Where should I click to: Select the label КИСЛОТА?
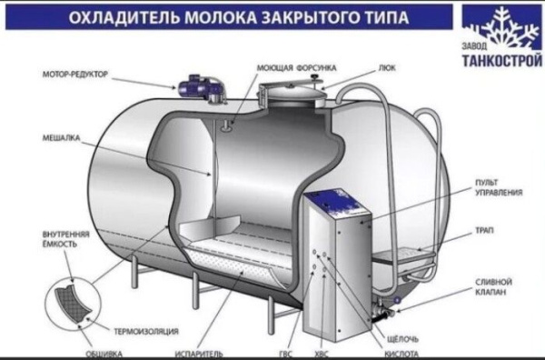pos(402,353)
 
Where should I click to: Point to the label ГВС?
pos(288,353)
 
